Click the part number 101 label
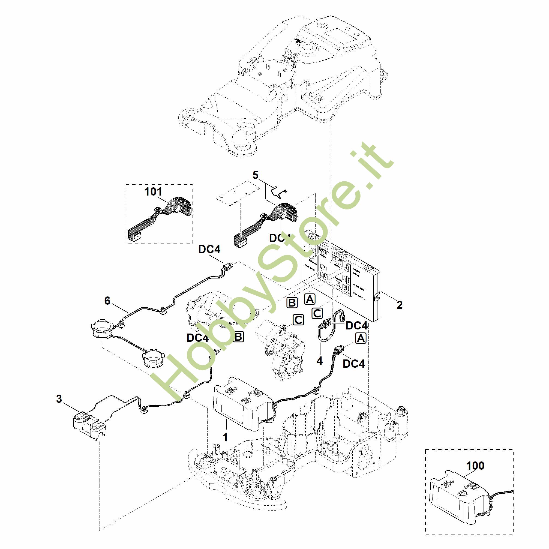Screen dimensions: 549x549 tap(154, 192)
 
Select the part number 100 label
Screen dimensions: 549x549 tap(475, 466)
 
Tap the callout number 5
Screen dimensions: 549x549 tap(256, 175)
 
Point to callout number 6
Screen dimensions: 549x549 tap(107, 300)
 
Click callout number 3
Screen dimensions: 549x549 tap(59, 399)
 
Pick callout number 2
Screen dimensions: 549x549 tap(399, 305)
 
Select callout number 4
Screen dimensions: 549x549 tap(320, 361)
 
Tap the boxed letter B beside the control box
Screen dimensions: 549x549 tap(292, 303)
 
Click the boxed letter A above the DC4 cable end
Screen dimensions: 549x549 tap(361, 338)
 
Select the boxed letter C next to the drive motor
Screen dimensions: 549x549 tap(298, 320)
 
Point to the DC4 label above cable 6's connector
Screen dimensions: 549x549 tap(209, 249)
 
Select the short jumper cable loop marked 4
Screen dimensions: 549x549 tap(327, 327)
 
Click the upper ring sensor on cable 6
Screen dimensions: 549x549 tap(100, 330)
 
